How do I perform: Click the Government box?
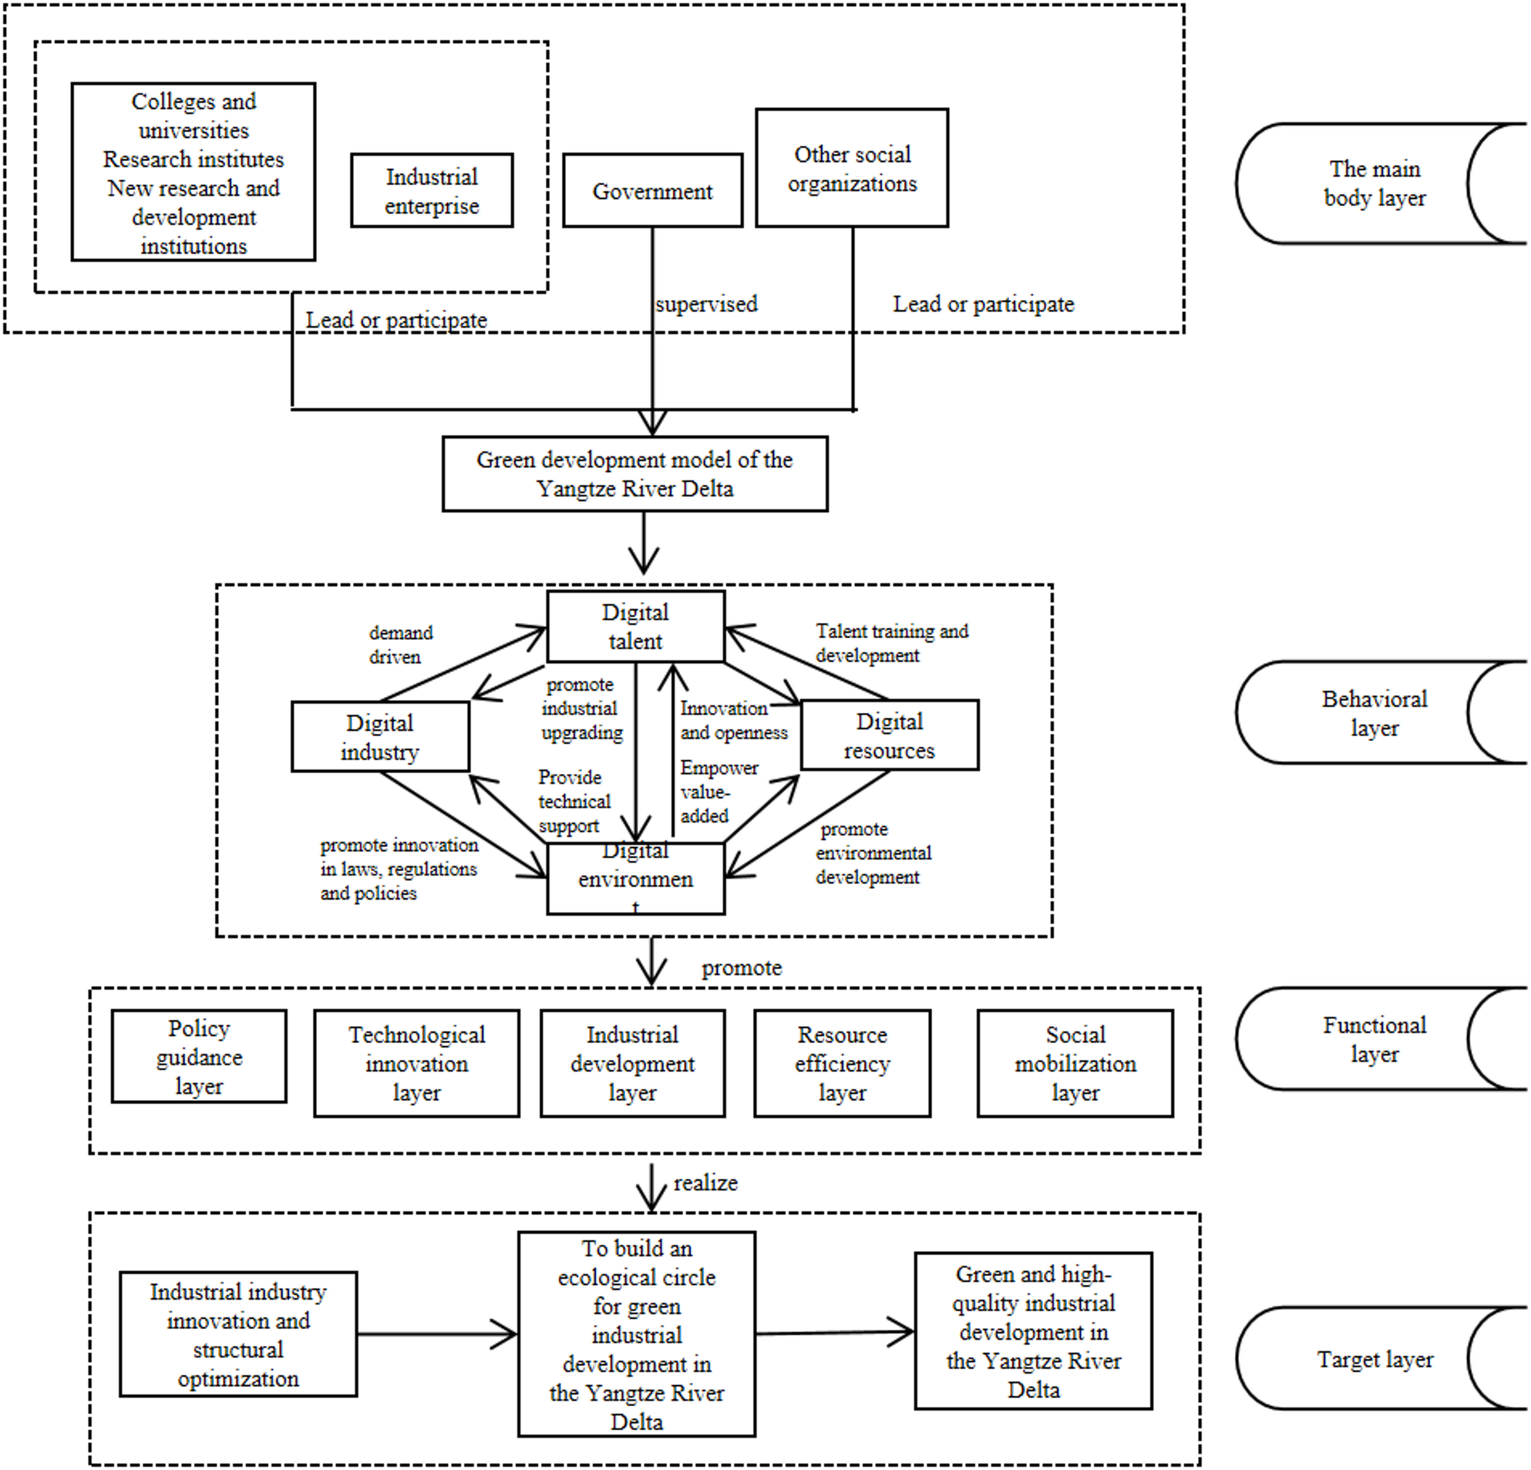tap(652, 190)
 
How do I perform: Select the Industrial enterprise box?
tap(432, 190)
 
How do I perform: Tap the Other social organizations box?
tap(851, 168)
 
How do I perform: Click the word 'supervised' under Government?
tap(706, 304)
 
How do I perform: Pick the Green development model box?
tap(634, 474)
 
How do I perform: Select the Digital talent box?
tap(635, 627)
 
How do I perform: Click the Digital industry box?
tap(379, 737)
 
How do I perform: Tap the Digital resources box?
tap(889, 735)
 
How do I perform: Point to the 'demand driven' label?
tap(400, 644)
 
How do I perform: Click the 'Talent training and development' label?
tap(891, 643)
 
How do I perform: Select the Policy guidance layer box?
tap(198, 1056)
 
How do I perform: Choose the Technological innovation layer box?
tap(416, 1063)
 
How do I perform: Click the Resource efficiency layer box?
tap(842, 1063)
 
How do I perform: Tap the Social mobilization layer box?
tap(1075, 1063)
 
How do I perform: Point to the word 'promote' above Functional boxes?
tap(742, 967)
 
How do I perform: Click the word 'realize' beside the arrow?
tap(705, 1182)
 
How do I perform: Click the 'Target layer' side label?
tap(1375, 1359)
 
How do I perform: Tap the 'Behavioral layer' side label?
tap(1374, 712)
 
